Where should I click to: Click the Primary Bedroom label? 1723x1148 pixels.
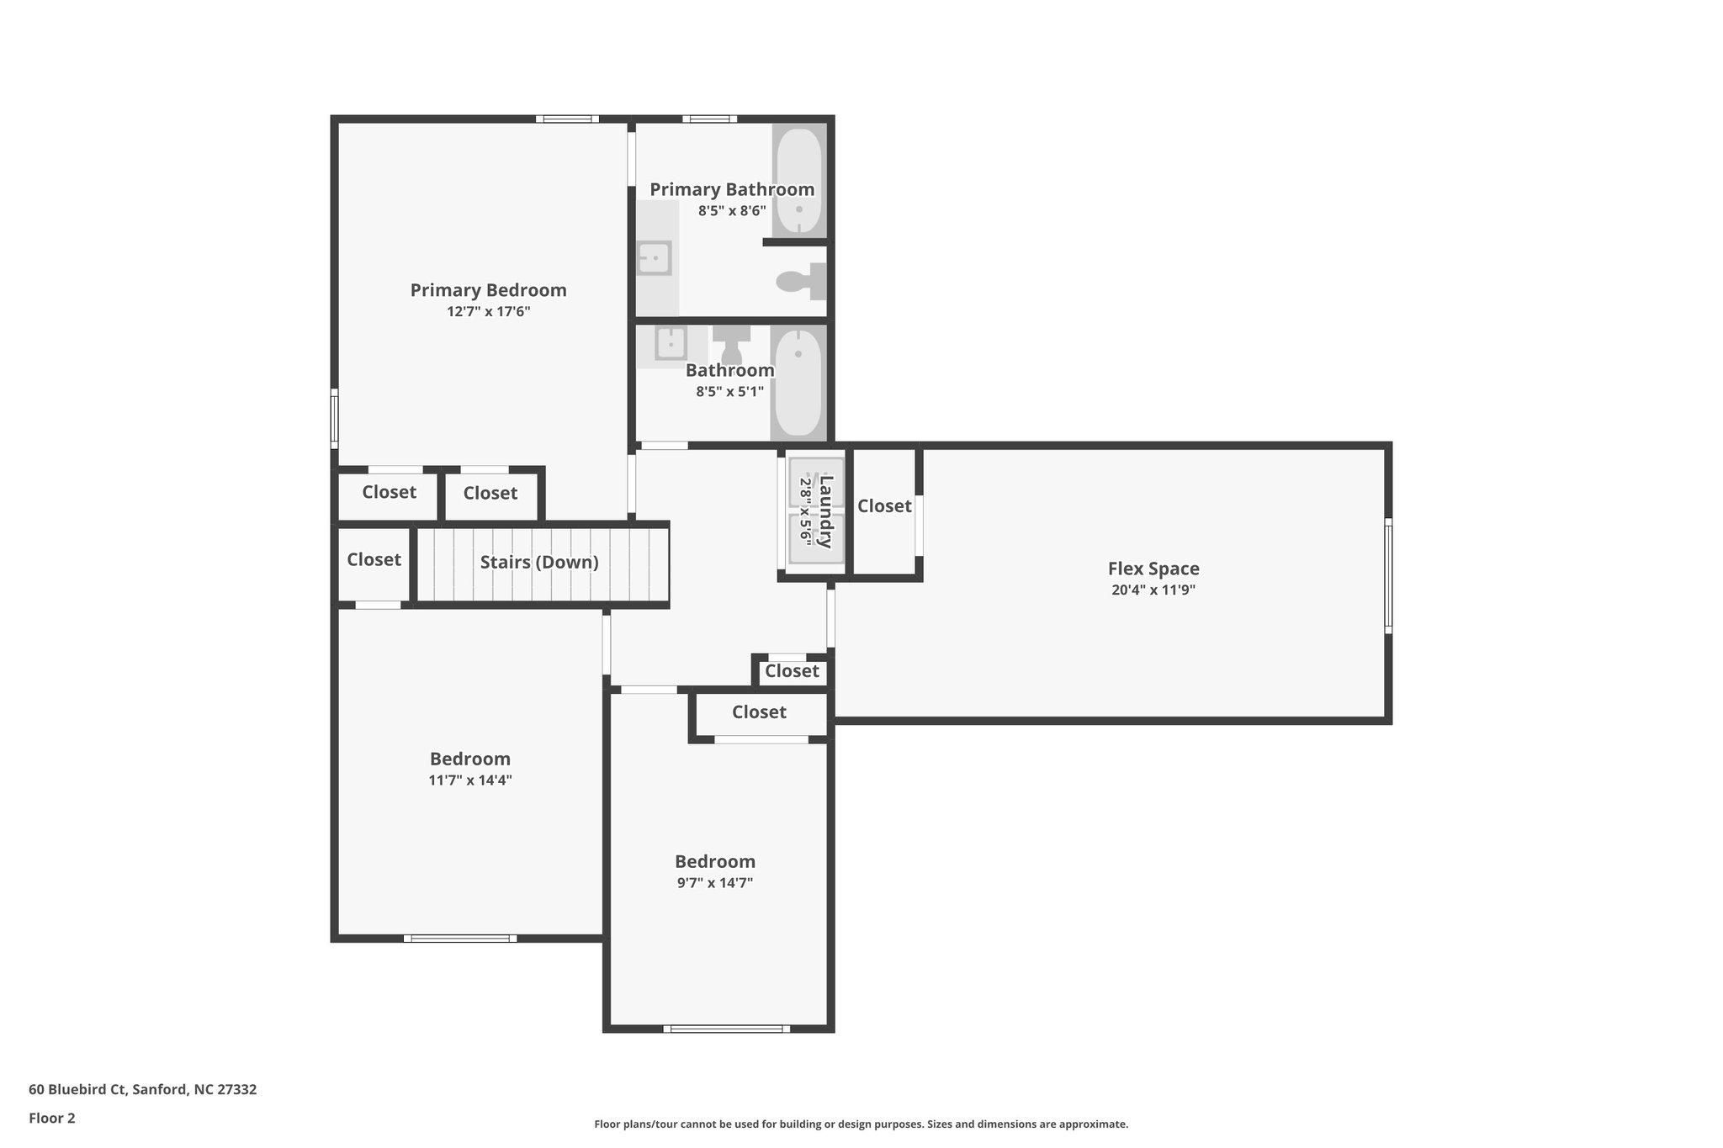[x=488, y=290]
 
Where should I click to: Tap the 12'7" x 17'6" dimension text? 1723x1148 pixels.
[x=488, y=312]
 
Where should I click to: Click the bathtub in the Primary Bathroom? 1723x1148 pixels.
[x=798, y=180]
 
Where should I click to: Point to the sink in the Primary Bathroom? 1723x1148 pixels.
[x=654, y=257]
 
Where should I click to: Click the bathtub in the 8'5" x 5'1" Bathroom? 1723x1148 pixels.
[x=798, y=383]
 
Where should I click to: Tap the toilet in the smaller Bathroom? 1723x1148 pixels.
[x=731, y=343]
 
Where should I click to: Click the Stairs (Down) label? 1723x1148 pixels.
[x=539, y=562]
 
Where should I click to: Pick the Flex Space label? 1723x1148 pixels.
[x=1153, y=569]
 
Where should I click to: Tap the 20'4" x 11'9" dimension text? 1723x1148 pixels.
[x=1153, y=590]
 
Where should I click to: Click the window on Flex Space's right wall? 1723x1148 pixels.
[x=1387, y=575]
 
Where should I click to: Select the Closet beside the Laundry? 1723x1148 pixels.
[x=884, y=506]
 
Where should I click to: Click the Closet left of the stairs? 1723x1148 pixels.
[x=374, y=560]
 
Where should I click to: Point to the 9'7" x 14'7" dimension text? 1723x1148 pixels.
[x=714, y=883]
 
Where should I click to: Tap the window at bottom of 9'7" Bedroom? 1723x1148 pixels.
[x=726, y=1028]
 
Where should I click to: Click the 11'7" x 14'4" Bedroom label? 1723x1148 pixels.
[x=469, y=759]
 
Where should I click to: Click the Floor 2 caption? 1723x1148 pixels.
[x=51, y=1118]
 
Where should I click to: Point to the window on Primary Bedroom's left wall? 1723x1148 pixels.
[x=334, y=418]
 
